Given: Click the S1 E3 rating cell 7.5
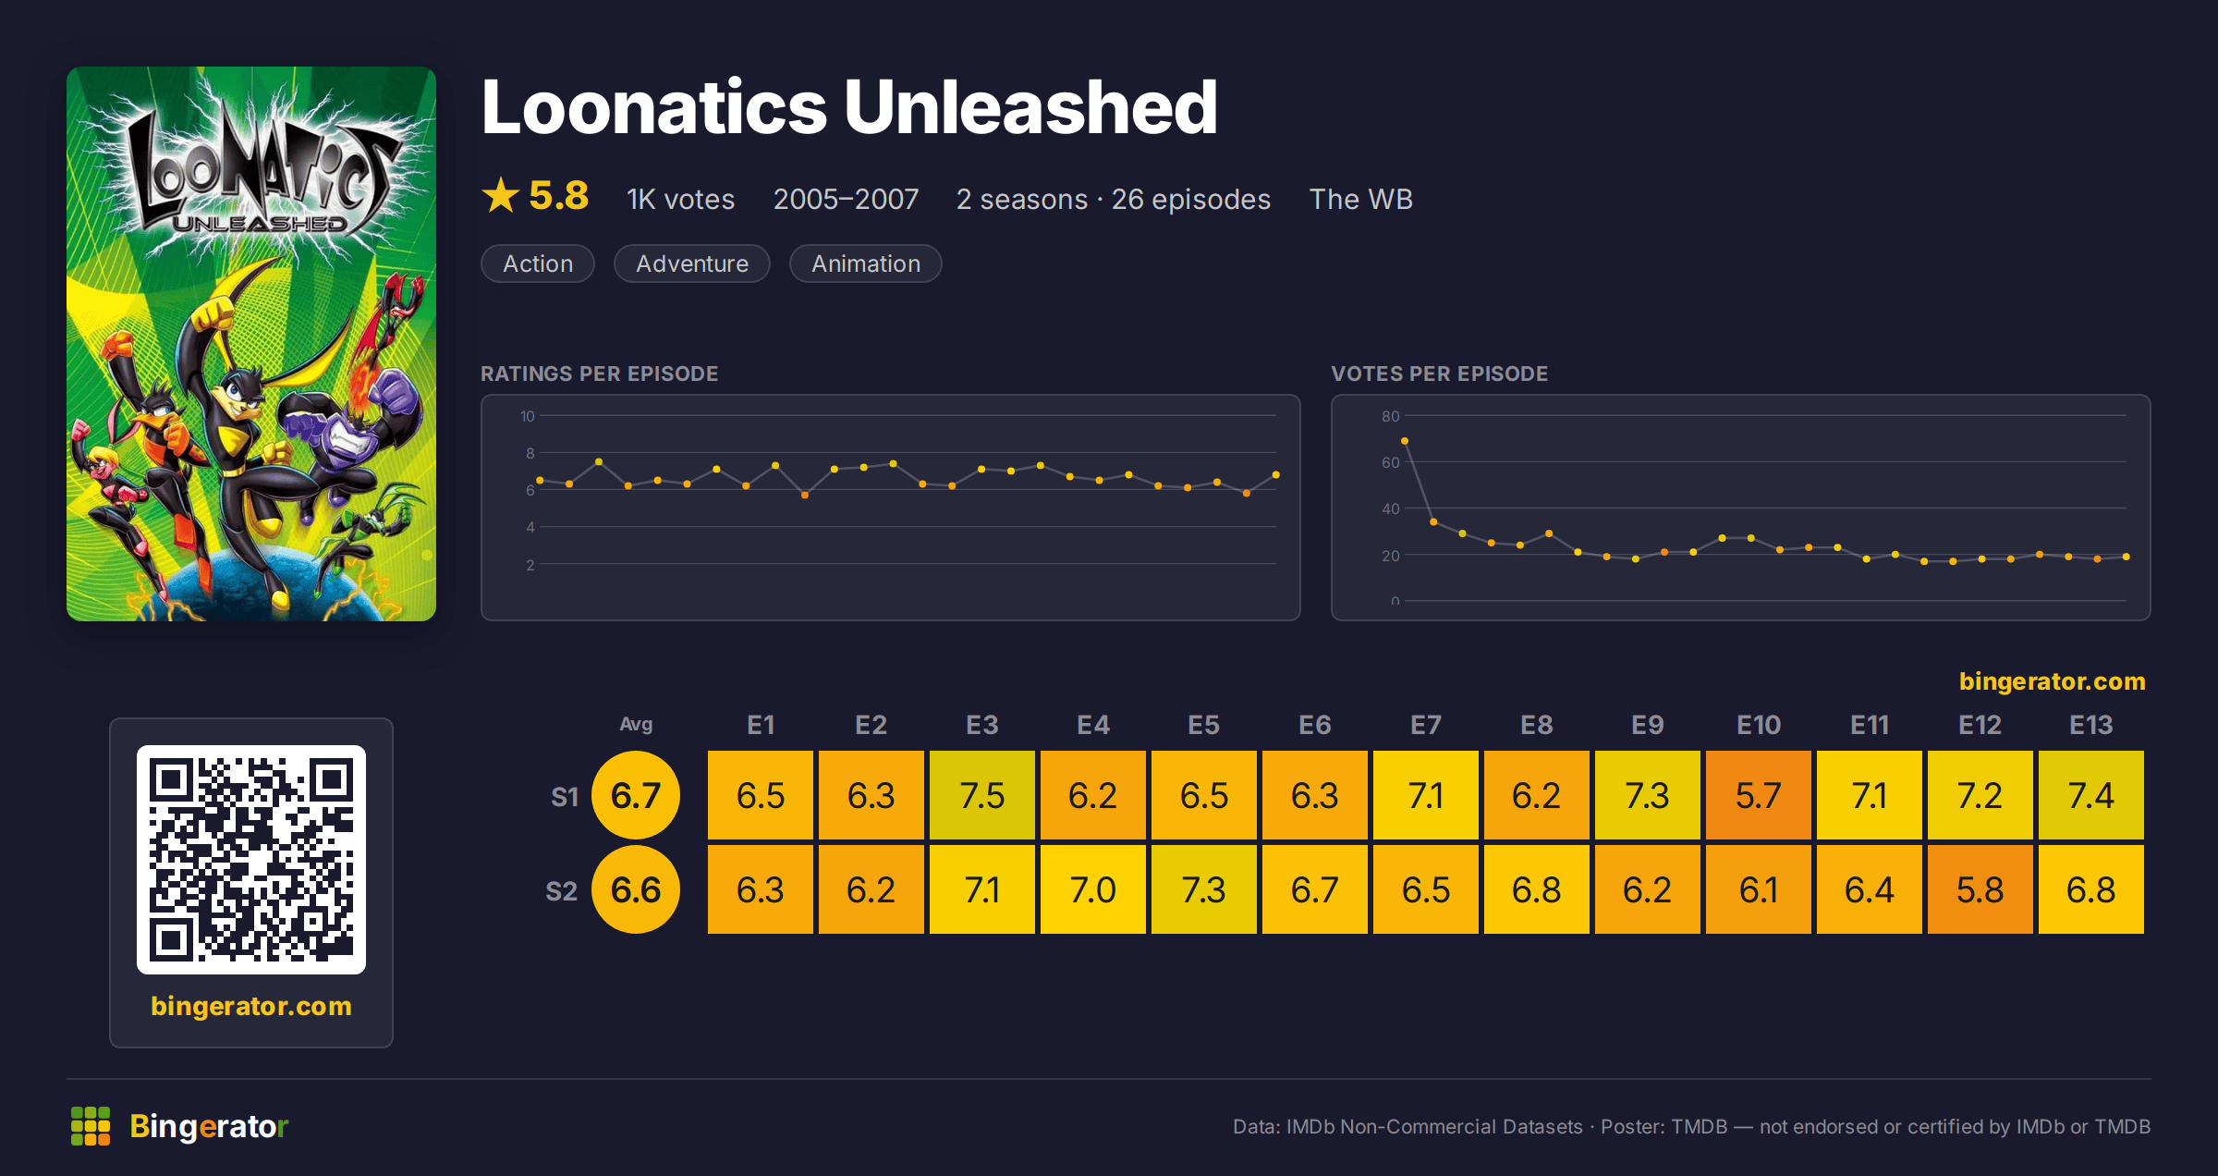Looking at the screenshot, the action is click(981, 795).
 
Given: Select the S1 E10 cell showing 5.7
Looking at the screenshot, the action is click(1758, 795).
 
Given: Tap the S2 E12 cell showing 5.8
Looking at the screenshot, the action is click(1980, 889).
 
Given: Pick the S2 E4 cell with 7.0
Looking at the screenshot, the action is click(1092, 889).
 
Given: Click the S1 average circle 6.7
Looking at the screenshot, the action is click(636, 795).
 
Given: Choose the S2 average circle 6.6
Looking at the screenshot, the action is click(636, 889).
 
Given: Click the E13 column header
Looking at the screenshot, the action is click(2090, 725).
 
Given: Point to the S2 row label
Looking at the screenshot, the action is click(561, 891).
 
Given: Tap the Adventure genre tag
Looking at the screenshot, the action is click(692, 263).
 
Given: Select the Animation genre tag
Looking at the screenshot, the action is click(866, 263).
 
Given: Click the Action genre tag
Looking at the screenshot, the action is click(538, 263).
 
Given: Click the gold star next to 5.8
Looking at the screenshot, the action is click(501, 195).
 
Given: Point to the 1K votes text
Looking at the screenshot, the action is click(680, 199).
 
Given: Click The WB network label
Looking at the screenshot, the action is click(1361, 199).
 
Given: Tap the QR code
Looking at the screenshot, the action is click(251, 860).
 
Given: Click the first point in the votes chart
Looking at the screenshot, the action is click(1405, 441).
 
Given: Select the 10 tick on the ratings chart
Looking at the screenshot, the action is click(528, 416).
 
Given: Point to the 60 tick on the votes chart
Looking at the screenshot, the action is click(1391, 462).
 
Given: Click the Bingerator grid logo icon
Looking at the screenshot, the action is click(91, 1126).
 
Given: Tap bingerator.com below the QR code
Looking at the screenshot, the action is click(251, 1006).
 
